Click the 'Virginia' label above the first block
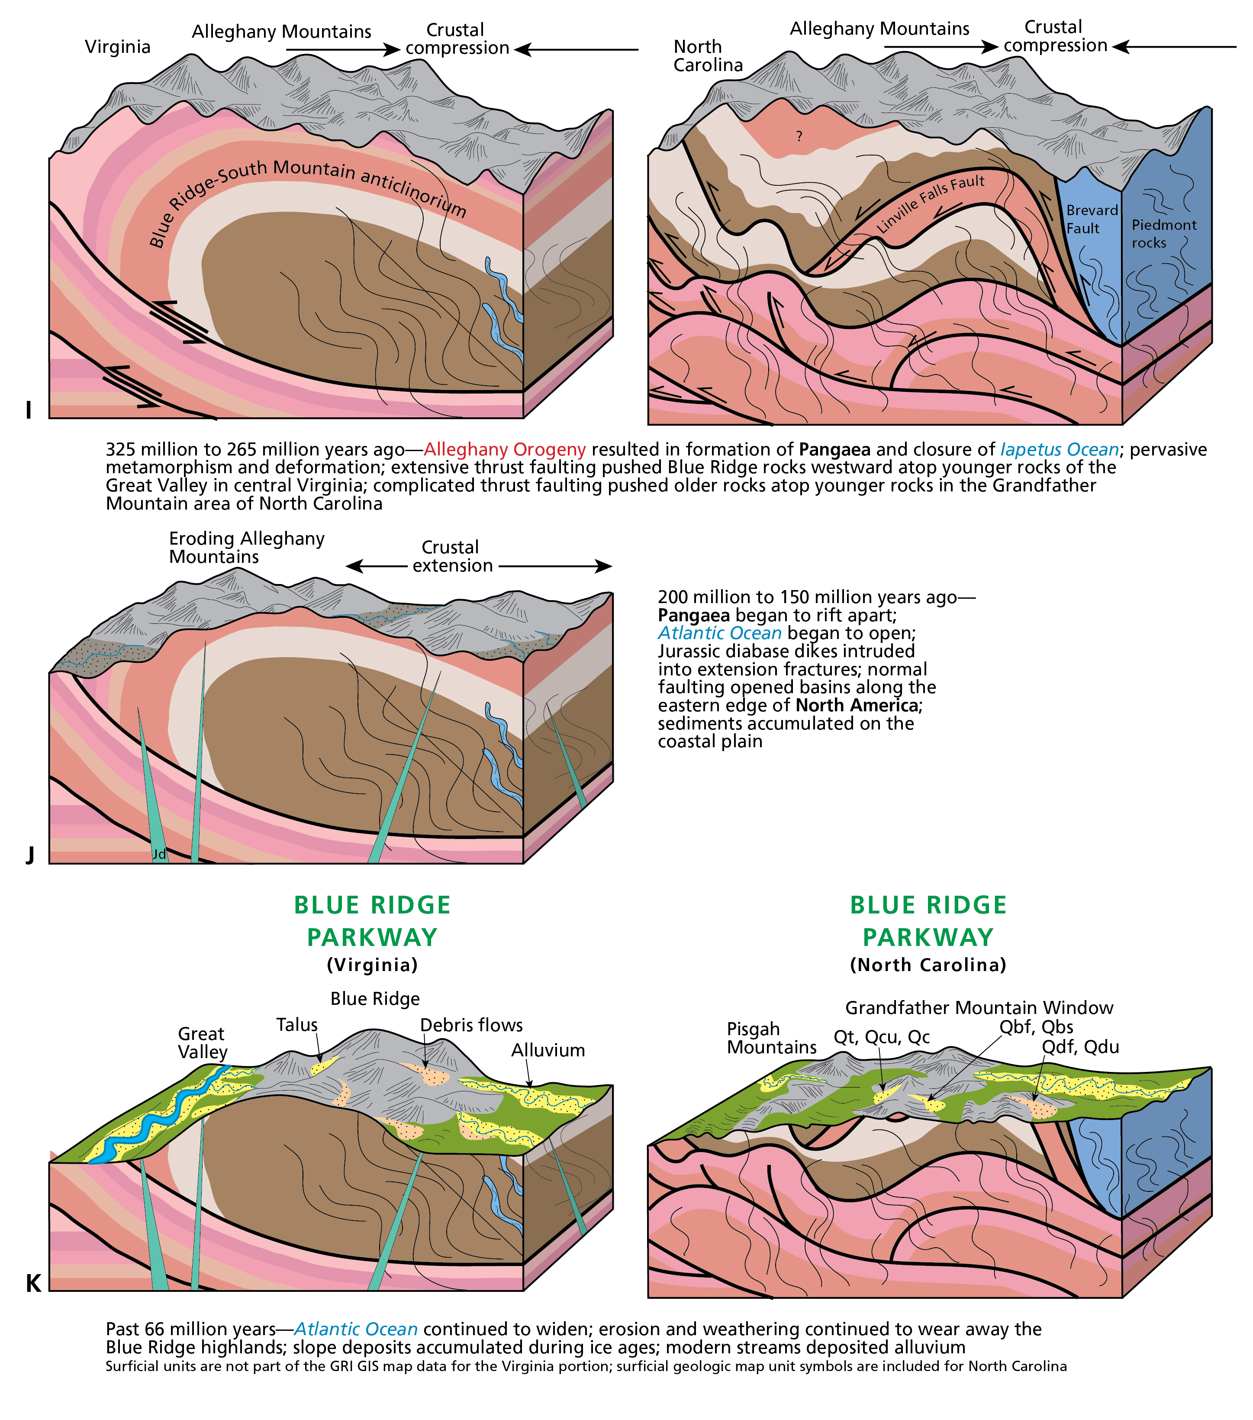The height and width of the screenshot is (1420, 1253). (117, 47)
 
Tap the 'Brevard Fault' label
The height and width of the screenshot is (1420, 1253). (1091, 219)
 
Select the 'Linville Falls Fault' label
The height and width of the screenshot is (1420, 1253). (930, 203)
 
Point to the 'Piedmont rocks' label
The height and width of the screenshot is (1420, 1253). (1163, 233)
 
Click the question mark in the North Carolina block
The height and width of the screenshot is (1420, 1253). (799, 136)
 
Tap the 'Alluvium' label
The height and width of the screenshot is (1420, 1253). (548, 1050)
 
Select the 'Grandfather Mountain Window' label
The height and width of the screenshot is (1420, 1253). (979, 1007)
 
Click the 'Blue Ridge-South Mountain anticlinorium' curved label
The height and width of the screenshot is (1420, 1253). (306, 187)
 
